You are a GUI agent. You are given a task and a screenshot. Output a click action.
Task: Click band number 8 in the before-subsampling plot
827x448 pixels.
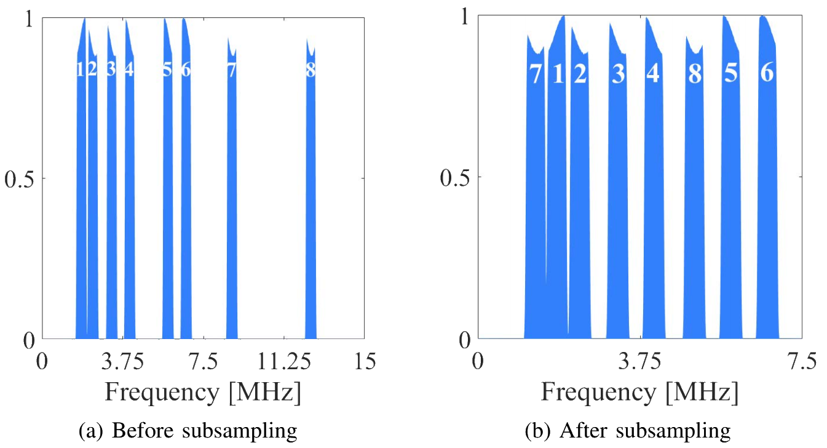click(311, 70)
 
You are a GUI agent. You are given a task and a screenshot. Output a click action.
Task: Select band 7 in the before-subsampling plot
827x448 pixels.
click(231, 70)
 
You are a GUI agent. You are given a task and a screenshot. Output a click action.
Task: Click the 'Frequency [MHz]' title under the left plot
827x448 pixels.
click(203, 392)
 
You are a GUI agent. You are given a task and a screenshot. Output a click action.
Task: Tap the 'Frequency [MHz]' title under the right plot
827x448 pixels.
click(640, 391)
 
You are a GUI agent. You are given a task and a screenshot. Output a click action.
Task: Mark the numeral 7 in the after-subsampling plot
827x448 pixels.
click(536, 74)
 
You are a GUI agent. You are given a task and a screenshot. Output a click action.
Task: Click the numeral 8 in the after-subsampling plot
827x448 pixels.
click(694, 74)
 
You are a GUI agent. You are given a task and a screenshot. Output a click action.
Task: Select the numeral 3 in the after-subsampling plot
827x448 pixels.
click(618, 74)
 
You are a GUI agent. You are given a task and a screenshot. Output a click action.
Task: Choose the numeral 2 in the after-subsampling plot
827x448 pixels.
click(579, 74)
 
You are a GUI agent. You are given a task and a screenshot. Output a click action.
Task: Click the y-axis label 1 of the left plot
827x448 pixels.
click(29, 18)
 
